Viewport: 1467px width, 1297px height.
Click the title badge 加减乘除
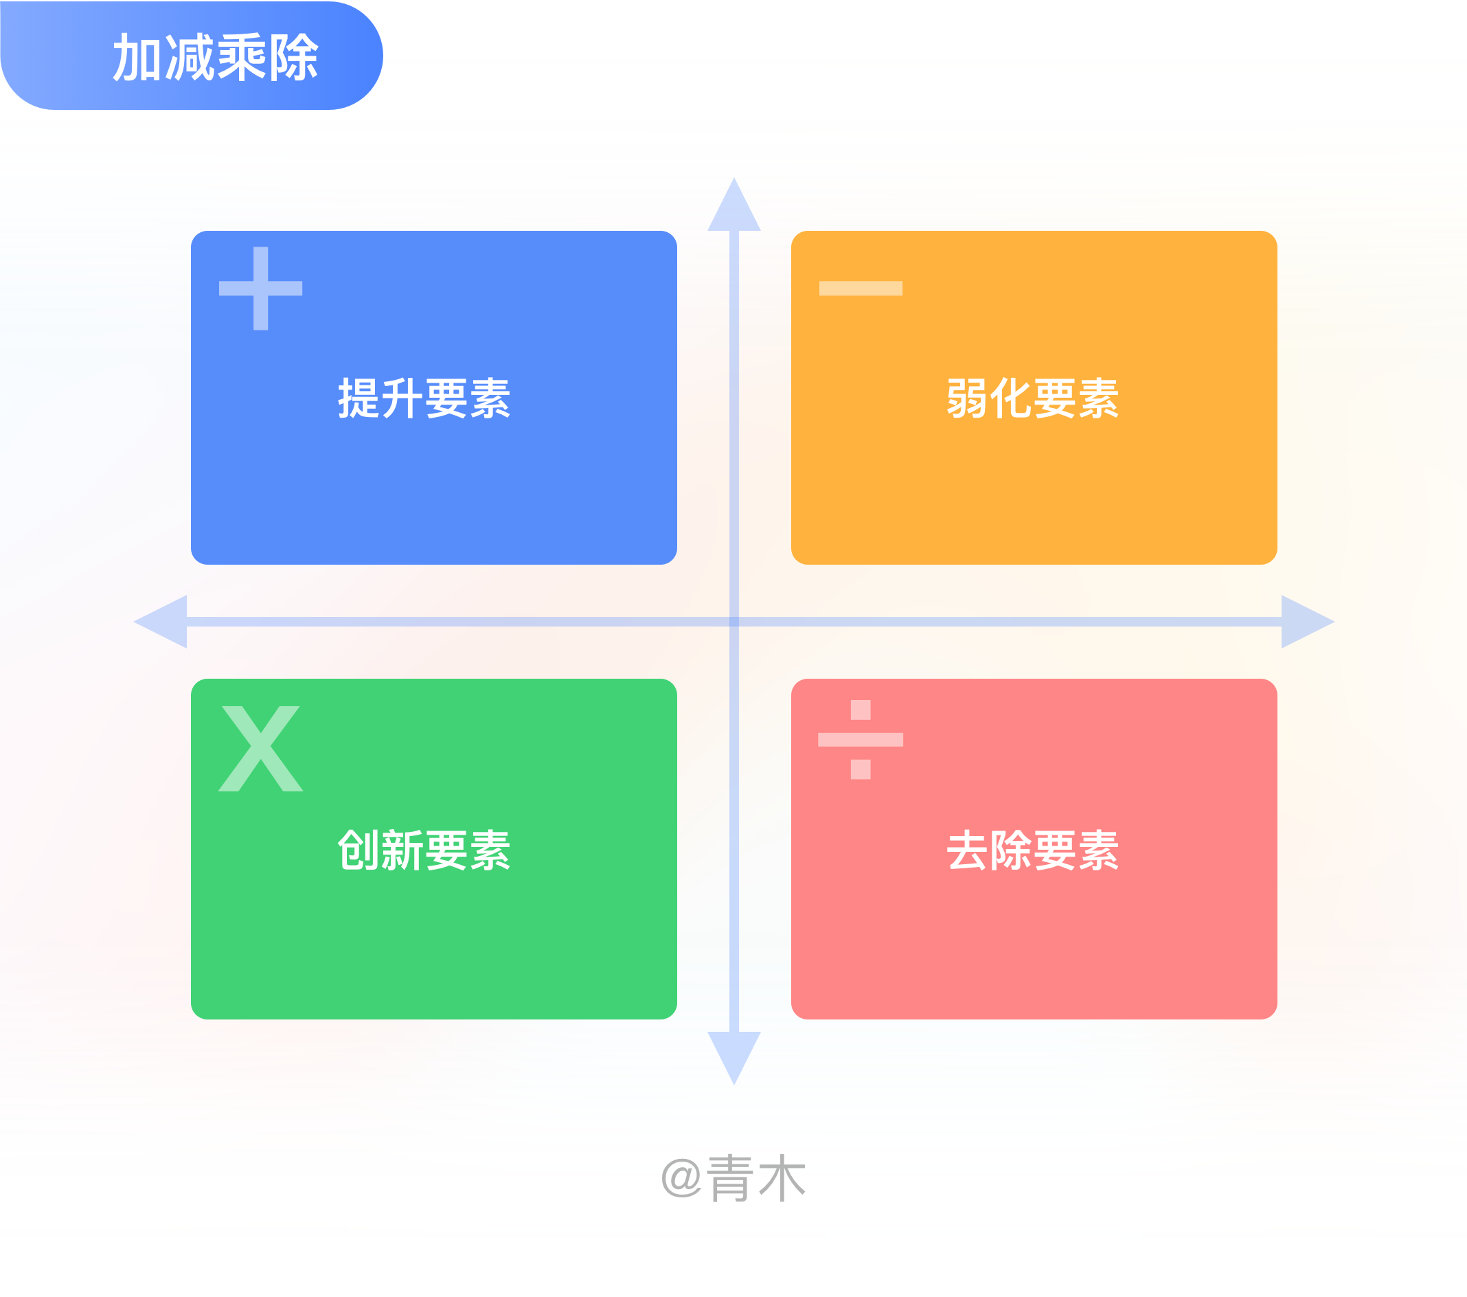[x=192, y=56]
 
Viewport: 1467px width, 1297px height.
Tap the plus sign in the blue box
[x=260, y=289]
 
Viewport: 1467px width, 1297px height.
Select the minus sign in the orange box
[x=861, y=289]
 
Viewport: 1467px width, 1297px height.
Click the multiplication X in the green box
[x=260, y=749]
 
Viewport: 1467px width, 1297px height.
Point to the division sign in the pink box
[x=861, y=739]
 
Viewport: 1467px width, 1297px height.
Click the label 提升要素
[x=424, y=398]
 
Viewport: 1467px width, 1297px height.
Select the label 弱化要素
[x=1033, y=398]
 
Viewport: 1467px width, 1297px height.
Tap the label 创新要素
[x=424, y=850]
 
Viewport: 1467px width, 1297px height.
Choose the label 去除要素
[x=1033, y=850]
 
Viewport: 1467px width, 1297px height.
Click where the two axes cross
[x=734, y=622]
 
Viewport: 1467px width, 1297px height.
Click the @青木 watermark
[x=733, y=1179]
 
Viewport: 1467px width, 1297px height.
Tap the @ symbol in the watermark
[x=681, y=1179]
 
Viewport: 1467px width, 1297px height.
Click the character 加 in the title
[x=138, y=58]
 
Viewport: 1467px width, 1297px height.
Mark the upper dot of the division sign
[x=861, y=710]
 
